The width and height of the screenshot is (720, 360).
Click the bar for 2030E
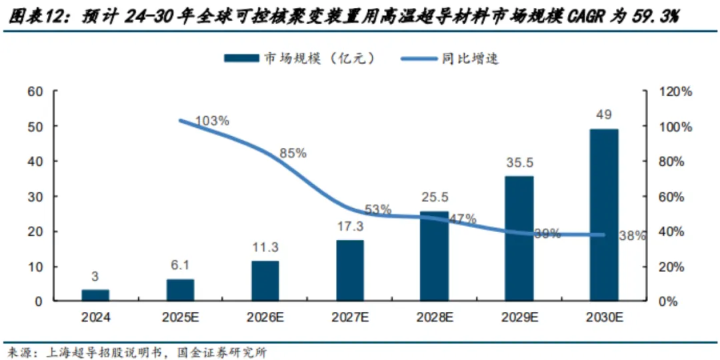605,215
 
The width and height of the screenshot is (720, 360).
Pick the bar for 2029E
520,238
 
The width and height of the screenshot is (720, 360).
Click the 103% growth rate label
213,121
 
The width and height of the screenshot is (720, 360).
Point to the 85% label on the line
293,153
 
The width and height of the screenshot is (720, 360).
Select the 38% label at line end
632,235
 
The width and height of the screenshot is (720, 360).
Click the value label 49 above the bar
605,115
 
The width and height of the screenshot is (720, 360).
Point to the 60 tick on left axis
35,91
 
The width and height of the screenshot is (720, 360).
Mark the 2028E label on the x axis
435,318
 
